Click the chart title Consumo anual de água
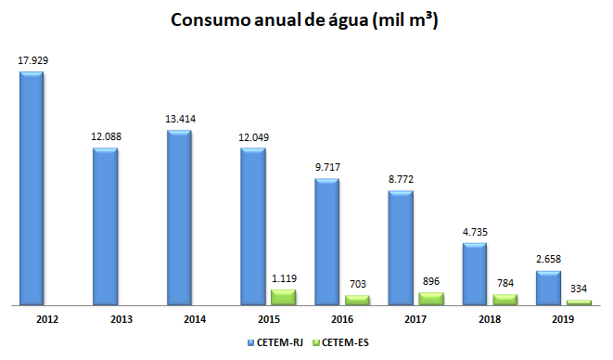(x=305, y=21)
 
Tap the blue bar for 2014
(x=179, y=217)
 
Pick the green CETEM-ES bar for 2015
(x=283, y=297)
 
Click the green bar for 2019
(x=579, y=302)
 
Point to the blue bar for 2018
(x=475, y=274)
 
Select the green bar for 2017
(x=430, y=299)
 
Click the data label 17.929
(x=32, y=60)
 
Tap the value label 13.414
(x=180, y=119)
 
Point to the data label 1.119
(x=283, y=277)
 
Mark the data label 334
(x=579, y=288)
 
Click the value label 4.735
(x=475, y=232)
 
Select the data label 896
(x=430, y=281)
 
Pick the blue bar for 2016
(x=326, y=241)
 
